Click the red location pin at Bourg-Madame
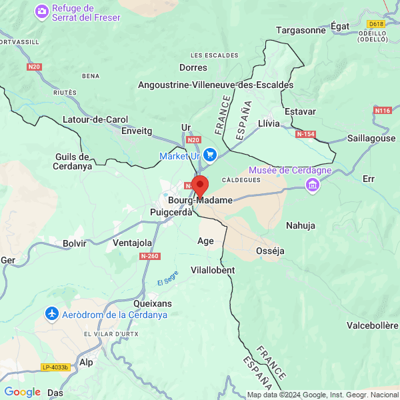point(200,186)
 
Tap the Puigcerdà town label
point(171,213)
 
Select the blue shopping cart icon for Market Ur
point(210,155)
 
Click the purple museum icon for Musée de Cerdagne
point(311,185)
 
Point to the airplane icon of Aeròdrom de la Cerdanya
point(51,313)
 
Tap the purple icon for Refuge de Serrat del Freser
point(42,11)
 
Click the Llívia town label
point(268,123)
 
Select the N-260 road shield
point(150,256)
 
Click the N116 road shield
point(383,110)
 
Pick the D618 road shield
point(377,24)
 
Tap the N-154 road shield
point(305,134)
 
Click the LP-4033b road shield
point(55,367)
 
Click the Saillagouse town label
point(371,138)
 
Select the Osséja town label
point(271,251)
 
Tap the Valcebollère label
point(372,325)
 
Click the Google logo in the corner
point(22,392)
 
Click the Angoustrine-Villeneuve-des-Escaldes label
point(215,85)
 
